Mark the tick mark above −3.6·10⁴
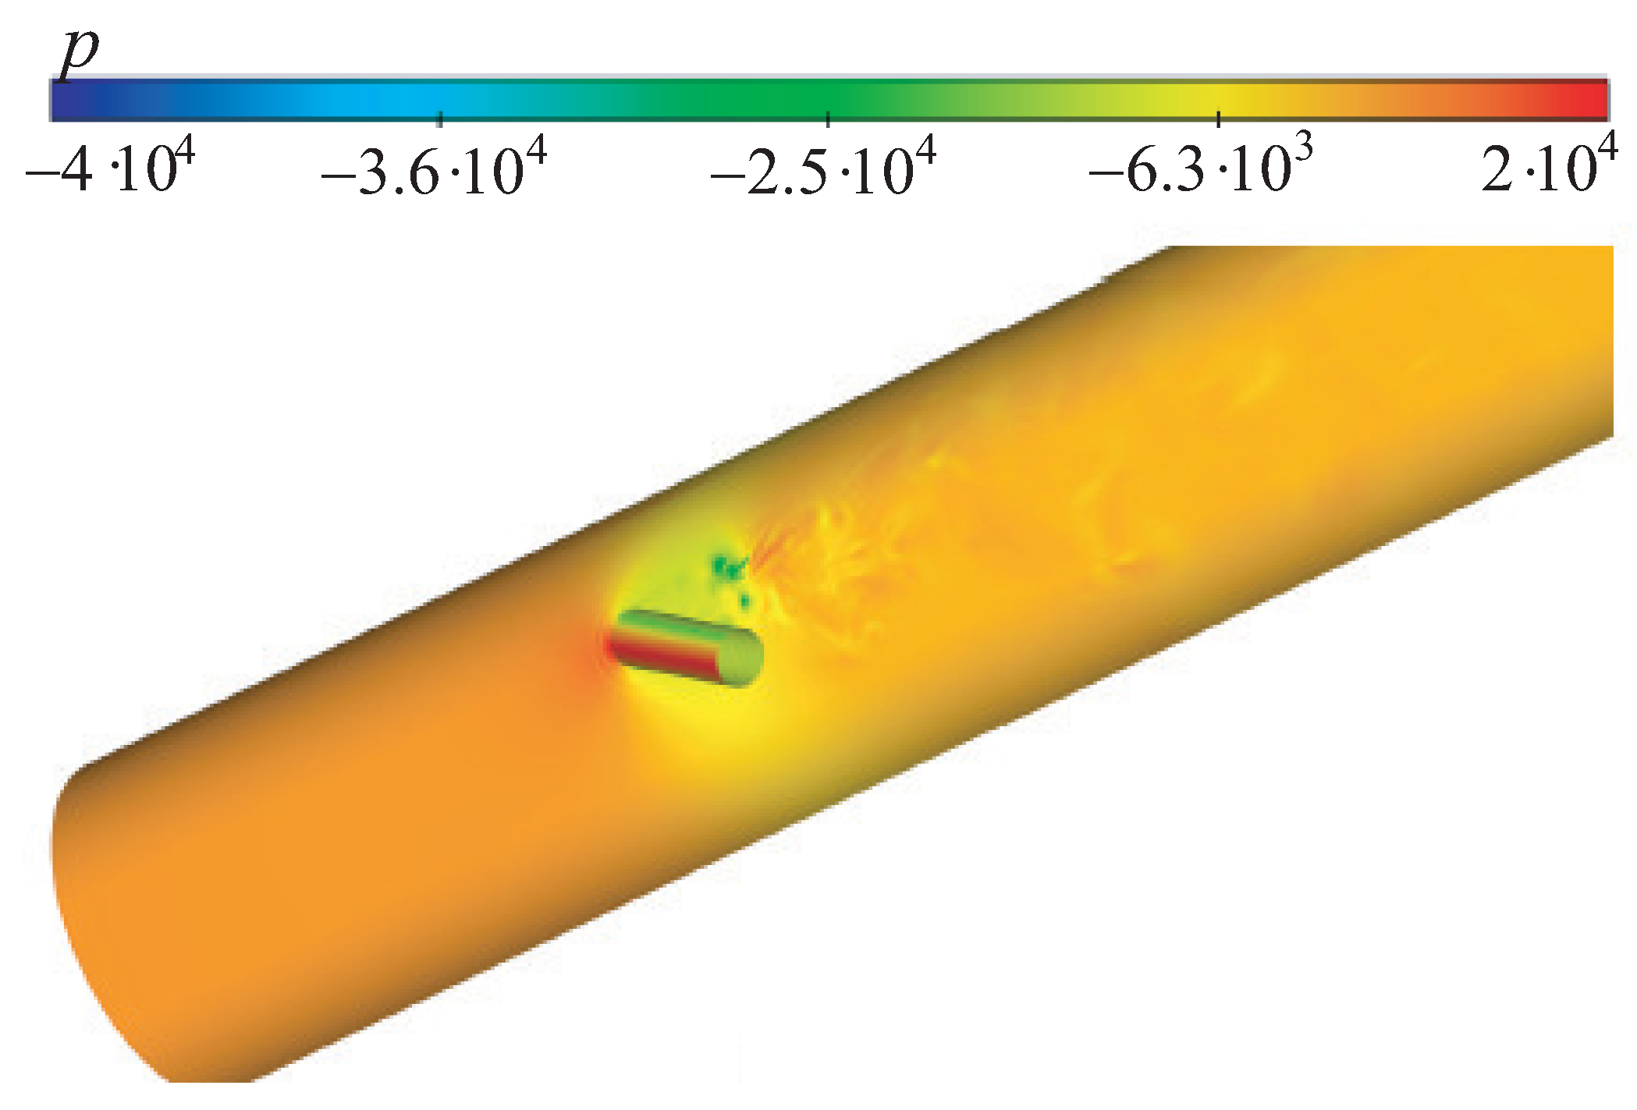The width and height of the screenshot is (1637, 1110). point(441,119)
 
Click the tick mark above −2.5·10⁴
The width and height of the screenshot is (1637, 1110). point(828,119)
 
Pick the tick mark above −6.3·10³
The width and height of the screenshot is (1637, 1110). point(1219,119)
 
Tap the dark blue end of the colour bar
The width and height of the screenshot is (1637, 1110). point(70,100)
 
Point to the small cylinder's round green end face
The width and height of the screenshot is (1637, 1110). point(741,658)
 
